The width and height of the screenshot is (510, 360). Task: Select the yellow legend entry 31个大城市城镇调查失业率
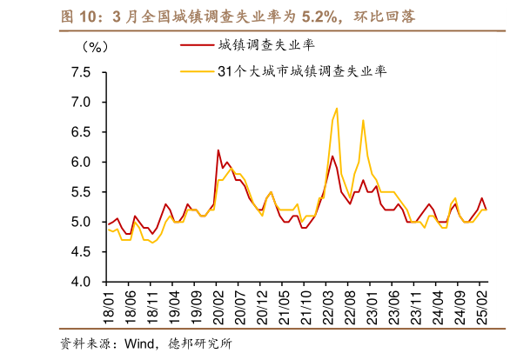(x=302, y=72)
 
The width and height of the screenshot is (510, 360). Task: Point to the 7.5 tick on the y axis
(x=81, y=72)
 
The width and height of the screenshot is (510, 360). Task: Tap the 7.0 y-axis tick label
(x=81, y=103)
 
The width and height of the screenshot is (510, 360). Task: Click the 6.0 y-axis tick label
(x=81, y=163)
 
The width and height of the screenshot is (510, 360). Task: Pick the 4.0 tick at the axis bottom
(x=81, y=283)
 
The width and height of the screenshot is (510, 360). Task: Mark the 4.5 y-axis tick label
(x=81, y=252)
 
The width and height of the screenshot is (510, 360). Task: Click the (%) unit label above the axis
(x=91, y=45)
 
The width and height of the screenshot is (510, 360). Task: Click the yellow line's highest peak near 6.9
(x=336, y=109)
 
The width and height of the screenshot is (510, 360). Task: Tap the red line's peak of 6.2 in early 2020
(x=218, y=150)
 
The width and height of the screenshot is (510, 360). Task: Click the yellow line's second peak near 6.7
(x=363, y=120)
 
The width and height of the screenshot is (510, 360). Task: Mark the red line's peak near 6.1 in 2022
(x=332, y=156)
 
